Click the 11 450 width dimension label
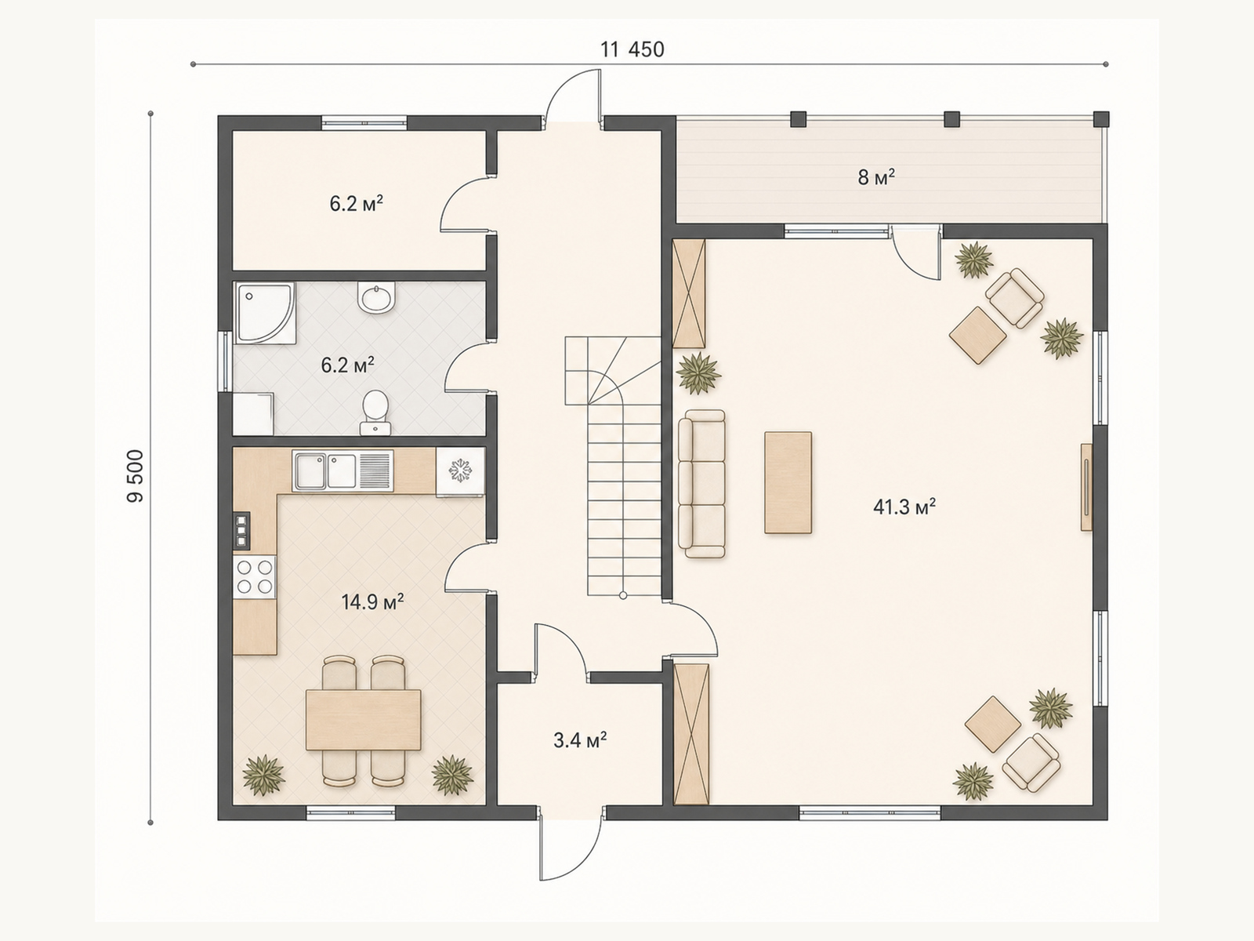coord(632,50)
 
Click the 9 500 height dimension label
coord(136,476)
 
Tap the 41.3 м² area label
coord(904,507)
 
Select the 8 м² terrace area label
coord(876,177)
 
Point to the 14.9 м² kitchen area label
coord(372,601)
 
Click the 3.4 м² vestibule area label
coord(580,740)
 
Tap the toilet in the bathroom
coord(375,412)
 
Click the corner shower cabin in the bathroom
coord(265,313)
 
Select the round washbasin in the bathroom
coord(376,297)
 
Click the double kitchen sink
coord(342,470)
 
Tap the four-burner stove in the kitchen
coord(255,577)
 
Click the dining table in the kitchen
coord(364,720)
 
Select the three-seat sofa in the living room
coord(702,483)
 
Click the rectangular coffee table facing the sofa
coord(788,483)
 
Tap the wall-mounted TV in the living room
coord(1086,487)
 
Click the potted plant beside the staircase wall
coord(698,374)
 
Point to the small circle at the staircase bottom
coord(623,595)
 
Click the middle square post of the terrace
coord(951,119)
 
